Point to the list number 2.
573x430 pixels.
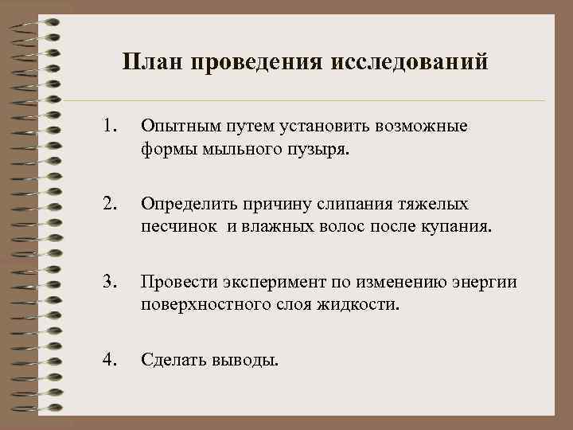[x=110, y=205]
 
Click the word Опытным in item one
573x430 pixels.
[x=173, y=126]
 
